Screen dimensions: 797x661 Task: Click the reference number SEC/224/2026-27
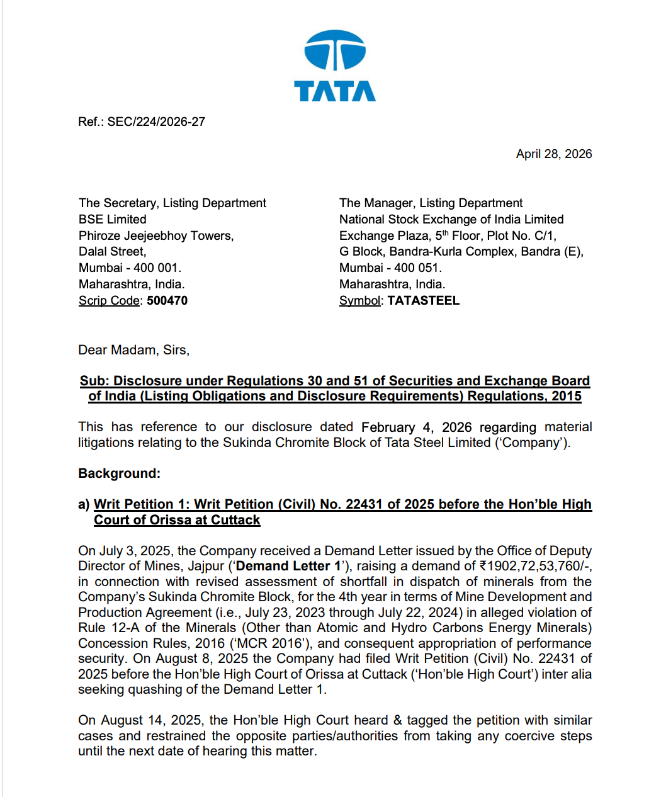coord(156,122)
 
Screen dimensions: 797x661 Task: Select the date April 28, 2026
coord(554,154)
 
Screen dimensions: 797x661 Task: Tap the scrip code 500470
coord(167,300)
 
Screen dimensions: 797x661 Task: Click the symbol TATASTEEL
coord(423,300)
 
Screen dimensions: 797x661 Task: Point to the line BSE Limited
coord(113,219)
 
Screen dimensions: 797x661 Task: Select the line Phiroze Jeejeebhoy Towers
coord(156,235)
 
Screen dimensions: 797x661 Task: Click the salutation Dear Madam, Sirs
coord(133,350)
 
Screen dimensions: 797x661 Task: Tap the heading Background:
coord(120,473)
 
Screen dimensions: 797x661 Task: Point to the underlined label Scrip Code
coord(109,300)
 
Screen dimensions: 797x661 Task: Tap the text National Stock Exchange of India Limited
coord(451,219)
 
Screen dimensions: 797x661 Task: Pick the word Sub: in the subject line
coord(94,381)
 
